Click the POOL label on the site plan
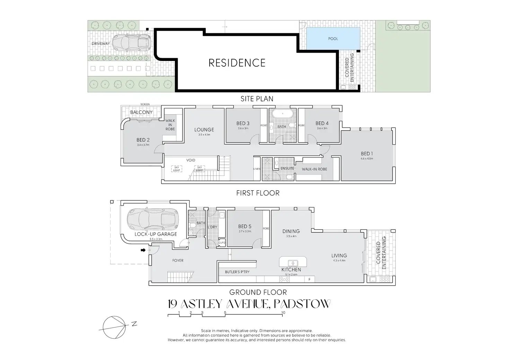pos(333,39)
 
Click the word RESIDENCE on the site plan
pos(237,63)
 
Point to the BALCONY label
pos(141,112)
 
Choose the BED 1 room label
pos(367,154)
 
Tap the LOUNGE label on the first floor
pos(204,130)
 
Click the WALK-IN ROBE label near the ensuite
pos(314,169)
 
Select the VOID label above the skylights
pos(191,160)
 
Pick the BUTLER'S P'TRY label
pos(237,272)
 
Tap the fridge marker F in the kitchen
pos(309,279)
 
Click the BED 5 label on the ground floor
pos(245,226)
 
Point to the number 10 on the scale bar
pos(283,313)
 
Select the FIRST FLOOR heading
pos(258,193)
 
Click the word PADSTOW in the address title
pos(302,304)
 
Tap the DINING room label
pos(291,231)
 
